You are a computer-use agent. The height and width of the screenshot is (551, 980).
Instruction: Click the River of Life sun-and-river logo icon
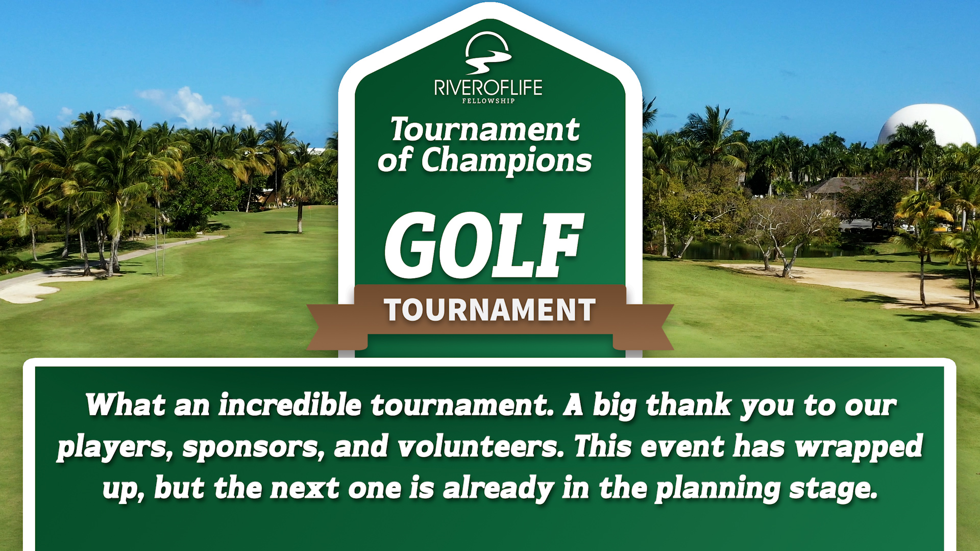pos(488,53)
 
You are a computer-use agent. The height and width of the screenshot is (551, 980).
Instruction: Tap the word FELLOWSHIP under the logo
pos(488,101)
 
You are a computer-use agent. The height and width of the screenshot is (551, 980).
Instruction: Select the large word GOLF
pos(484,245)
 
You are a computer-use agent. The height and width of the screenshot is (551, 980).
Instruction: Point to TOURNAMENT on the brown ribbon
pos(490,310)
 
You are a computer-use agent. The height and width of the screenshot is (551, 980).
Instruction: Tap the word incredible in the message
pos(290,405)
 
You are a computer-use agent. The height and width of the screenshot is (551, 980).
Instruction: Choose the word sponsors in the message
pos(254,447)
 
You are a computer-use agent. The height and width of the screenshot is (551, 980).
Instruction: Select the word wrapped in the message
pos(859,447)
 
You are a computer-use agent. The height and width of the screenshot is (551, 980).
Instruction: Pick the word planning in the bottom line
pos(717,489)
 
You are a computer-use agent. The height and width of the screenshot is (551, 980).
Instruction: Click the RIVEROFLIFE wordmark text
pos(488,88)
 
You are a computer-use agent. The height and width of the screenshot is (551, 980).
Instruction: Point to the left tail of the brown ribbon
pos(337,327)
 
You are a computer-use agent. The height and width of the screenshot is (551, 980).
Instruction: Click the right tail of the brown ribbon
pos(643,327)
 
